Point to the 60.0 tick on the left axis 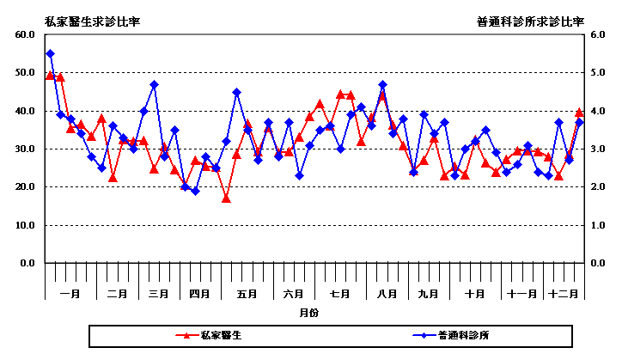tap(23, 34)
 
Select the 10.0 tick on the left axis tap(23, 225)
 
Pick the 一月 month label tap(71, 294)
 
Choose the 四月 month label tap(200, 294)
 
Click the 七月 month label tap(340, 294)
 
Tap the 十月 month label tap(475, 294)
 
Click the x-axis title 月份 tap(309, 313)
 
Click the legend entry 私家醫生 tap(221, 335)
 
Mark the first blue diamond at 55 tap(50, 53)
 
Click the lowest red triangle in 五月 tap(226, 198)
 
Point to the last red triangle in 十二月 tap(579, 113)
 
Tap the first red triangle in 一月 tap(50, 76)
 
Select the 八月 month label tap(387, 294)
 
